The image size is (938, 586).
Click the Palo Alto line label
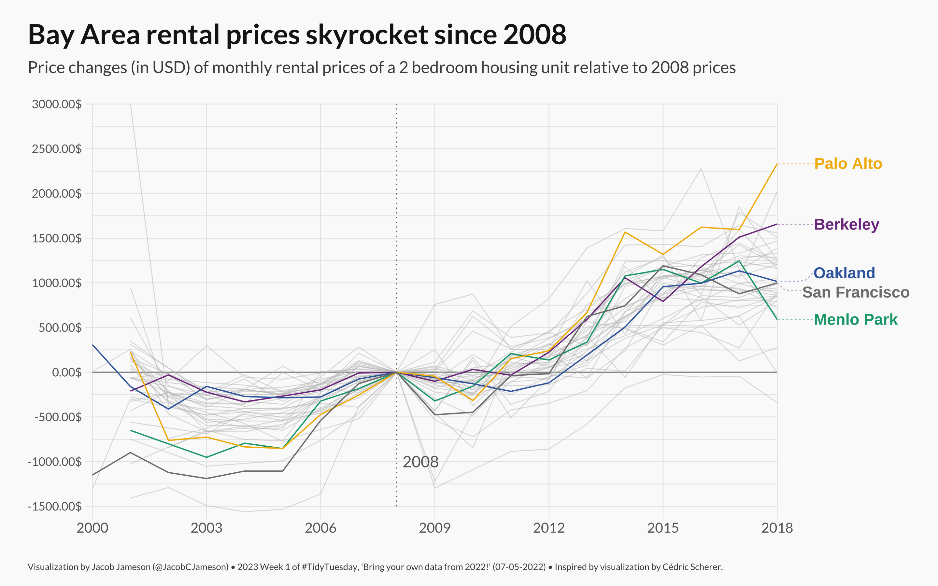click(x=848, y=164)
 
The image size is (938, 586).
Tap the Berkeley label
click(x=846, y=224)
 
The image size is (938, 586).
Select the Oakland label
click(x=844, y=273)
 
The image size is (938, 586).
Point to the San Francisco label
click(x=856, y=292)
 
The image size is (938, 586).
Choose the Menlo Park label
click(x=856, y=320)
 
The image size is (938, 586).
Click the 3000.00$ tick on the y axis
click(x=57, y=104)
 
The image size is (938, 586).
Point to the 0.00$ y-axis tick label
click(x=67, y=372)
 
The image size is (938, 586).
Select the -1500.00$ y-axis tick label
click(x=55, y=507)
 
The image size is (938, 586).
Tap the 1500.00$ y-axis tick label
click(x=57, y=238)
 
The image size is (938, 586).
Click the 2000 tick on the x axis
click(x=92, y=528)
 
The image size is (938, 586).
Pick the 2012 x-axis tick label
click(x=549, y=528)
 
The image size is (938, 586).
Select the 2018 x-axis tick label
click(x=777, y=528)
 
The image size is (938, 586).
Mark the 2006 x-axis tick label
click(x=320, y=528)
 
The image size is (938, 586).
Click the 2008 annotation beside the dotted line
click(x=420, y=462)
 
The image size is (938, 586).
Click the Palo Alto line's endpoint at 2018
click(x=777, y=164)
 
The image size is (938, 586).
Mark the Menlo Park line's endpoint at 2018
click(x=777, y=319)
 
